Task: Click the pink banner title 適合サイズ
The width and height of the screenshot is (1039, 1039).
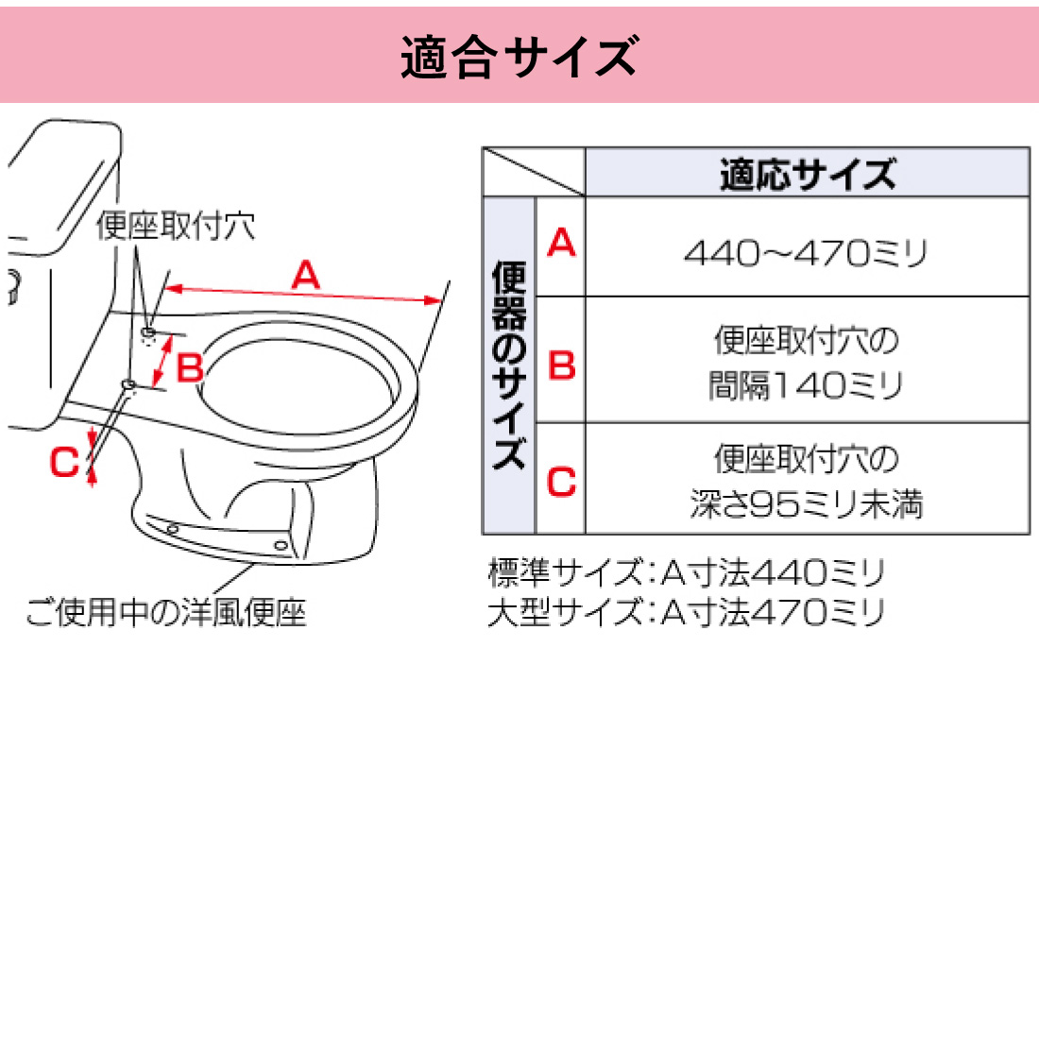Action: click(x=519, y=56)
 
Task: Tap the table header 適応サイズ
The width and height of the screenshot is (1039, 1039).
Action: click(x=807, y=174)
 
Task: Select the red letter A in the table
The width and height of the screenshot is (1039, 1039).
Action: click(x=561, y=244)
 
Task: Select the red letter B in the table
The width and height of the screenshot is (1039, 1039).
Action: click(x=561, y=365)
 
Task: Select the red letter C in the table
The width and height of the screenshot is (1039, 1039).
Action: click(x=561, y=483)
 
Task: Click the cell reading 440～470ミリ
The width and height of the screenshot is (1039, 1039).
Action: click(x=807, y=252)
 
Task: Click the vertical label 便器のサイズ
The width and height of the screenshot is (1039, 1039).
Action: click(x=509, y=366)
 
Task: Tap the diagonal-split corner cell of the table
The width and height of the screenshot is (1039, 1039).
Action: click(x=534, y=172)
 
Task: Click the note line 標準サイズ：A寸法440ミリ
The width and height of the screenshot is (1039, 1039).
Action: click(x=686, y=572)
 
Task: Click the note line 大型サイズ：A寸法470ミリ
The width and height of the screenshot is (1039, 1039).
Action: click(x=686, y=613)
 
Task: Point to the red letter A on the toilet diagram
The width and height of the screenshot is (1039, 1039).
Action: click(x=305, y=276)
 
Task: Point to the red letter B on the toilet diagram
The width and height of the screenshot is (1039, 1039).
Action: click(x=190, y=367)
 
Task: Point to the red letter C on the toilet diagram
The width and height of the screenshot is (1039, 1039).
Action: click(x=64, y=463)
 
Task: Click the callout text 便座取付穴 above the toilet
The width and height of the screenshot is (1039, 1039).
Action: click(x=176, y=226)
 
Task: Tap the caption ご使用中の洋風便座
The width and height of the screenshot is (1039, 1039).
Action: click(x=166, y=613)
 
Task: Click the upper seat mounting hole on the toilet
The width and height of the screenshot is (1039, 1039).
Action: click(x=149, y=332)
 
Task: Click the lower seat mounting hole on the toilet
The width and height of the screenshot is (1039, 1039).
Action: click(x=129, y=383)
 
